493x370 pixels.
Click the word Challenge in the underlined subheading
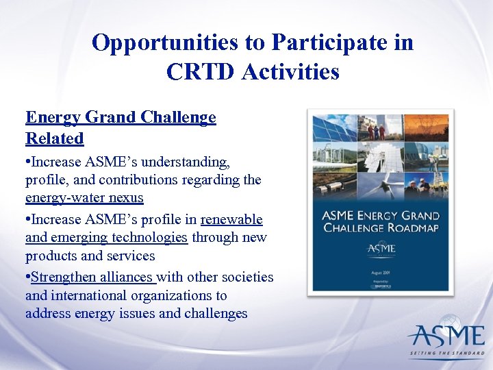pyautogui.click(x=178, y=117)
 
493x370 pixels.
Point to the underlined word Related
pyautogui.click(x=55, y=138)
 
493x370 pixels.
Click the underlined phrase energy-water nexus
pyautogui.click(x=84, y=198)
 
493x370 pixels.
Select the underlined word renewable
pyautogui.click(x=231, y=219)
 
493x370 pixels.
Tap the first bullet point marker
pyautogui.click(x=28, y=162)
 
